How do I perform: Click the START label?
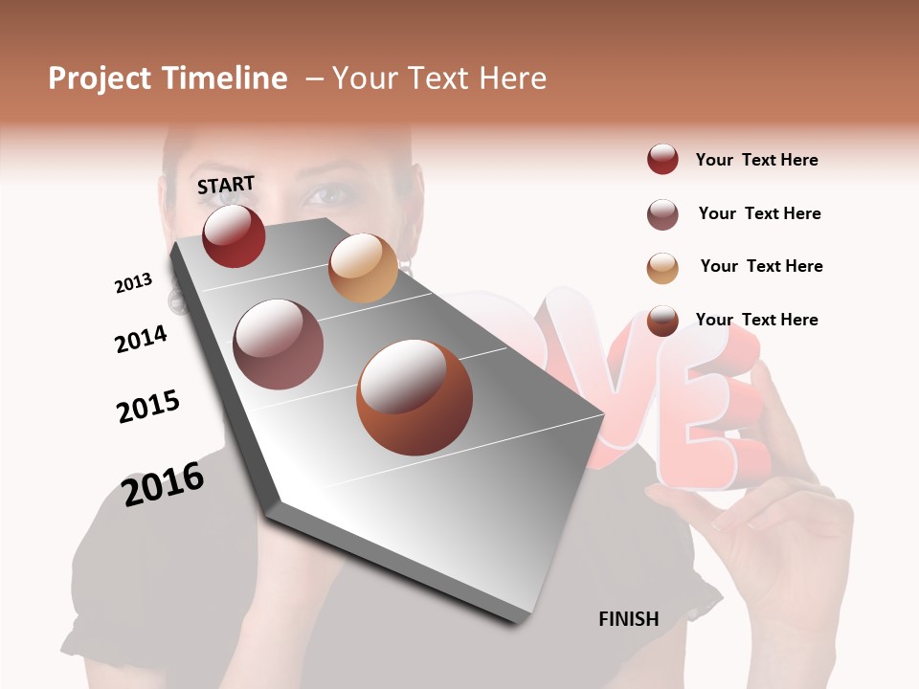226,185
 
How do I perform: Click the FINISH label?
628,619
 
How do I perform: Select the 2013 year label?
133,283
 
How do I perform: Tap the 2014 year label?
141,339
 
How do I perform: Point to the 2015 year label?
148,407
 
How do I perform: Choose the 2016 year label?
163,484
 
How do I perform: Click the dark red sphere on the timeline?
234,235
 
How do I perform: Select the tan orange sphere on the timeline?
363,268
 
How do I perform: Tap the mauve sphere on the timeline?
279,344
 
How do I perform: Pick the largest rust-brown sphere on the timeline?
415,397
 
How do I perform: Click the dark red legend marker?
662,160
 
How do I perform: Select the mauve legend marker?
662,214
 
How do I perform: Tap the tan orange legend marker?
662,268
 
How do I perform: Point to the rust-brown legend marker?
662,321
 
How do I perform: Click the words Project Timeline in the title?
168,78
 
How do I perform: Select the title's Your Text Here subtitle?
438,78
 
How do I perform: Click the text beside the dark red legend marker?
756,160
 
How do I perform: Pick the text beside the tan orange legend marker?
761,266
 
